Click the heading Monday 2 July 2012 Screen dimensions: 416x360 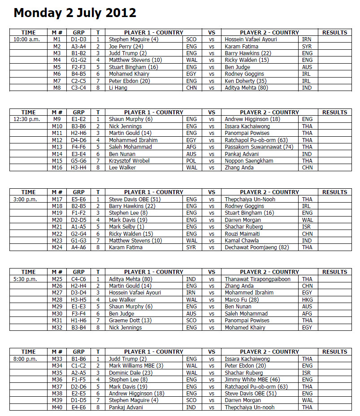75,13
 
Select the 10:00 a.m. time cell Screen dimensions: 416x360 27,39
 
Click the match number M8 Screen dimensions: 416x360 57,88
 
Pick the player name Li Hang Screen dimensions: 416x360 118,88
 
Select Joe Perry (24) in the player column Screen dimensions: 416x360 126,46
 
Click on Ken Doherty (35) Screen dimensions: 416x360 246,81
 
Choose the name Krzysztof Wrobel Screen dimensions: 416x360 130,160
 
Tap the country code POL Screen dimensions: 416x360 191,160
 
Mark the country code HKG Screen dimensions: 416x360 308,299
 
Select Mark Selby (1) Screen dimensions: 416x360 126,227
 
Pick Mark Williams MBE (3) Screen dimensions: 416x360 136,366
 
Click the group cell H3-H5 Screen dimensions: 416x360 78,299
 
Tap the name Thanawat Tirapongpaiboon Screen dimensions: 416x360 257,279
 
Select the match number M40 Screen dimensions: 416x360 57,407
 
